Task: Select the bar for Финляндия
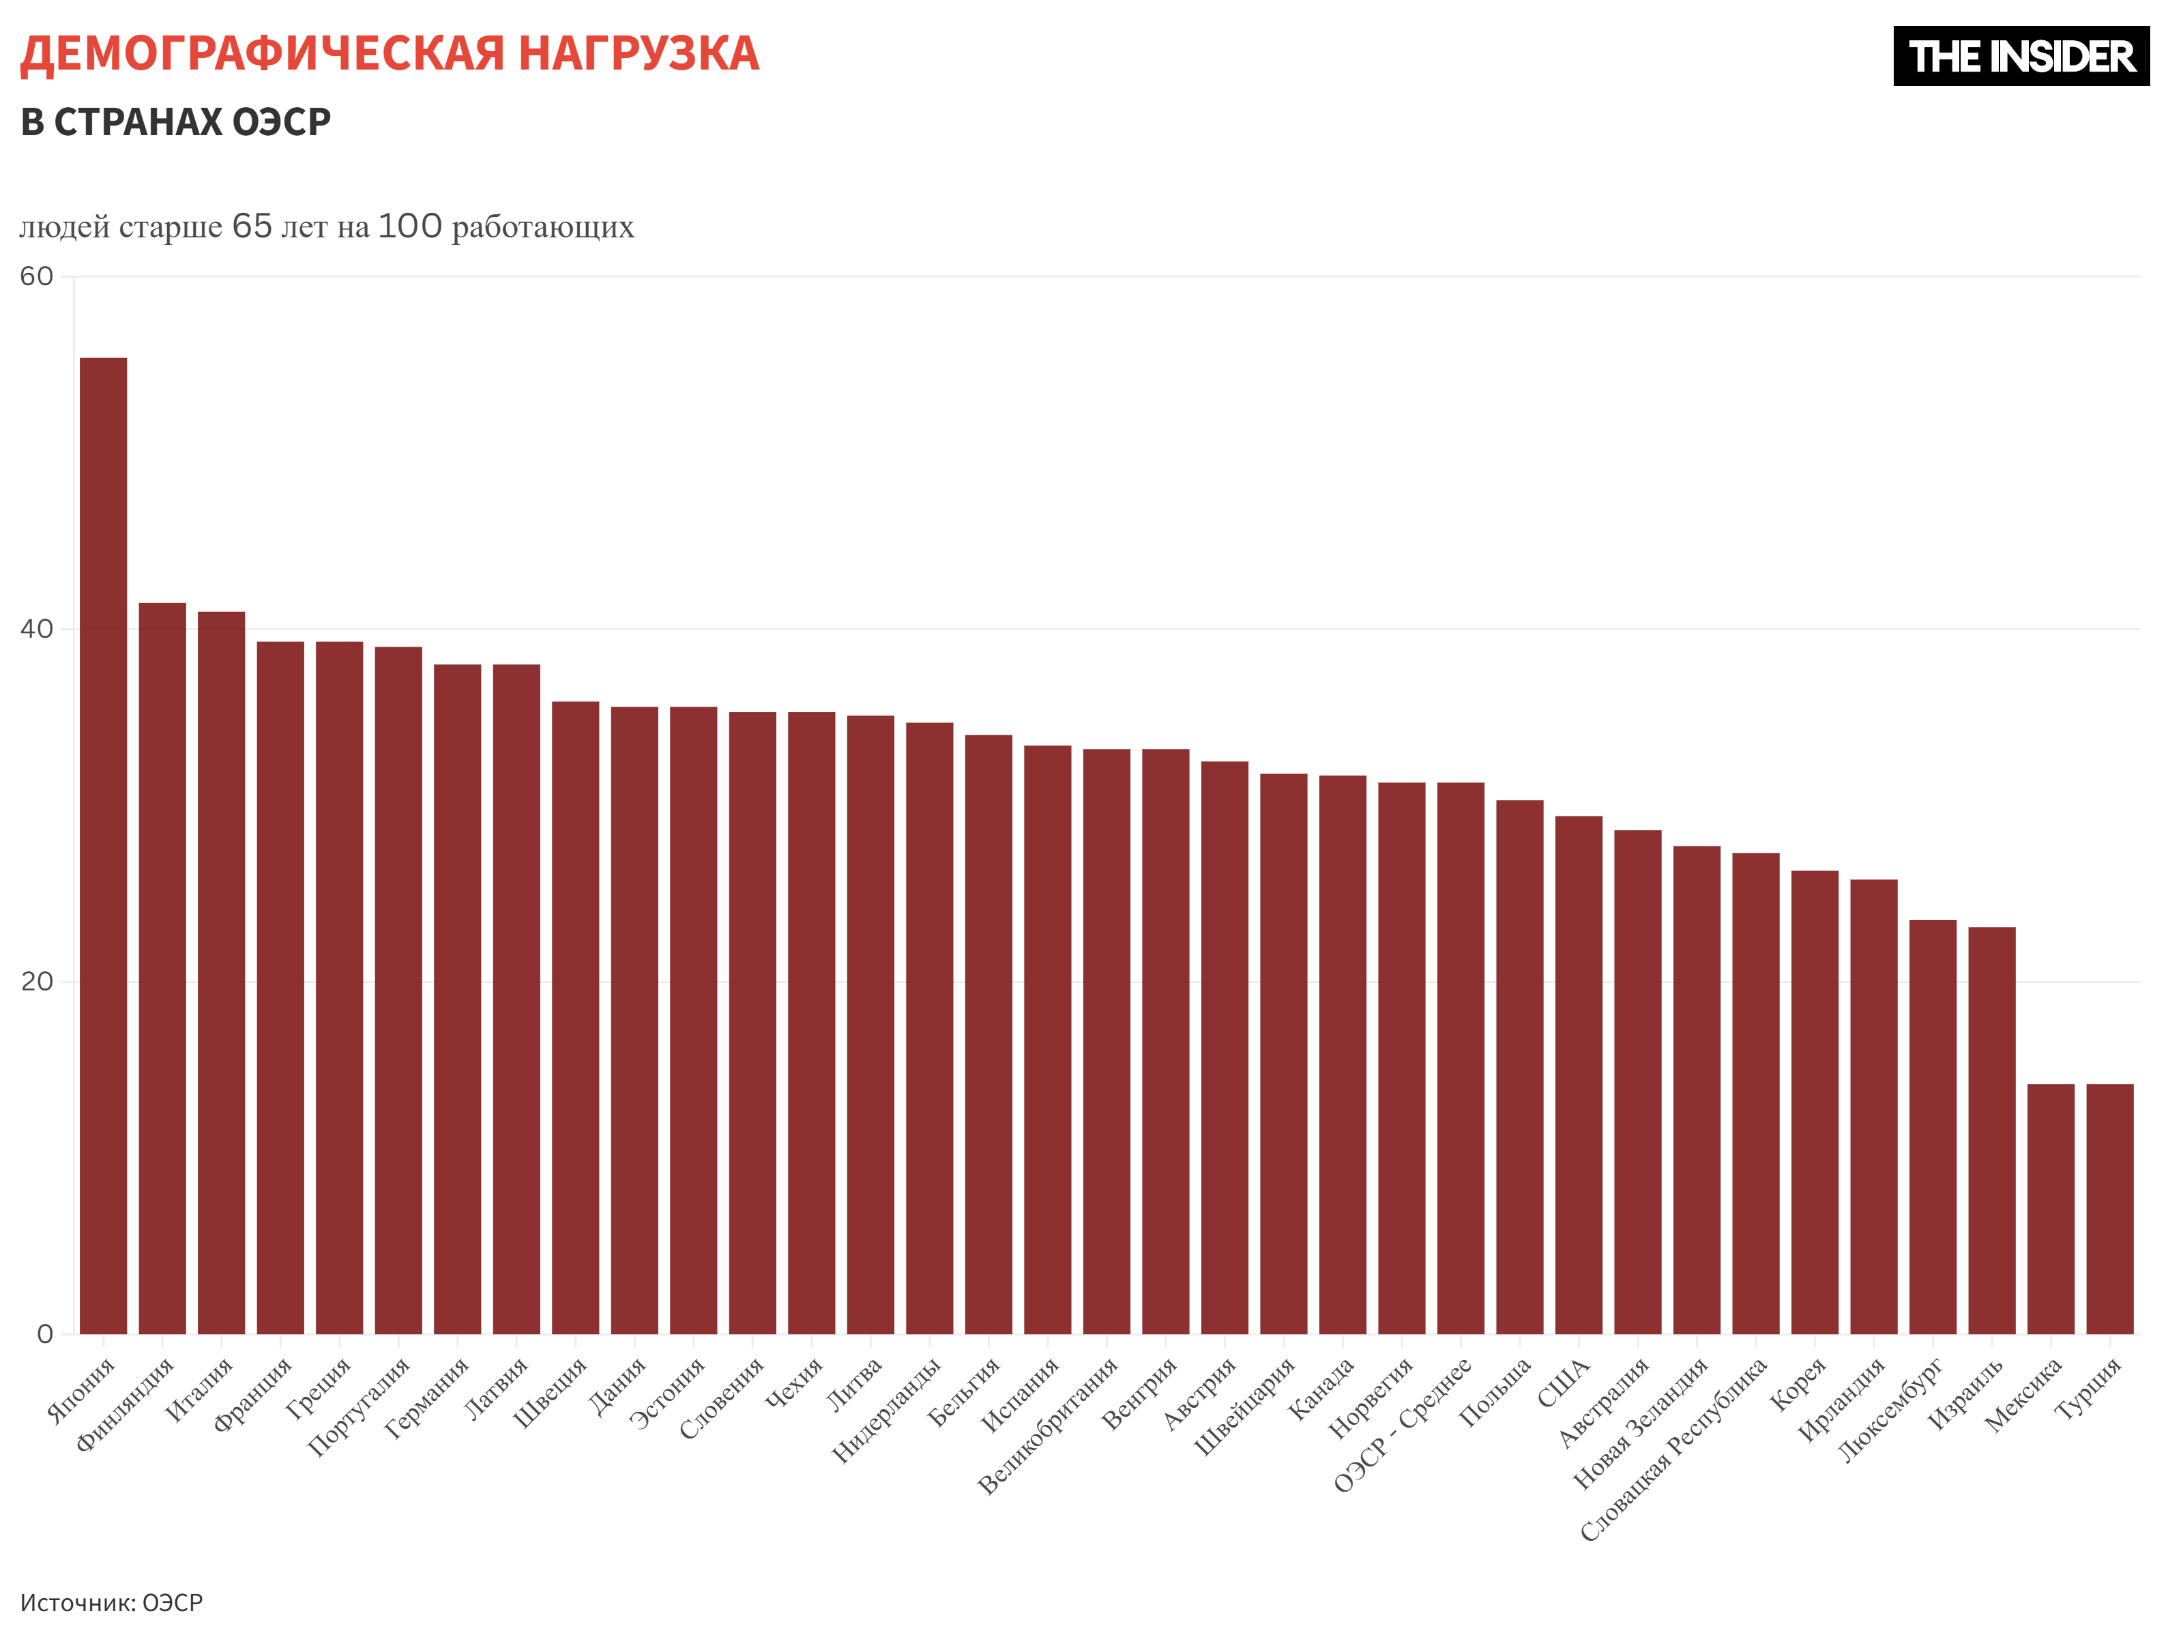coord(163,968)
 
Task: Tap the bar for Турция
coord(2110,1209)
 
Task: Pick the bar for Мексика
coord(2051,1209)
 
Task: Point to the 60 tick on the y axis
coord(37,276)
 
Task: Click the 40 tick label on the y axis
coord(37,630)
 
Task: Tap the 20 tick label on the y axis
coord(37,982)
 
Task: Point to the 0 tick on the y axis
coord(44,1334)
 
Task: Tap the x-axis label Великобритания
coord(1047,1425)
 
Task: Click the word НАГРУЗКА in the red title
coord(639,53)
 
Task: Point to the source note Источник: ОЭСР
coord(111,1602)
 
